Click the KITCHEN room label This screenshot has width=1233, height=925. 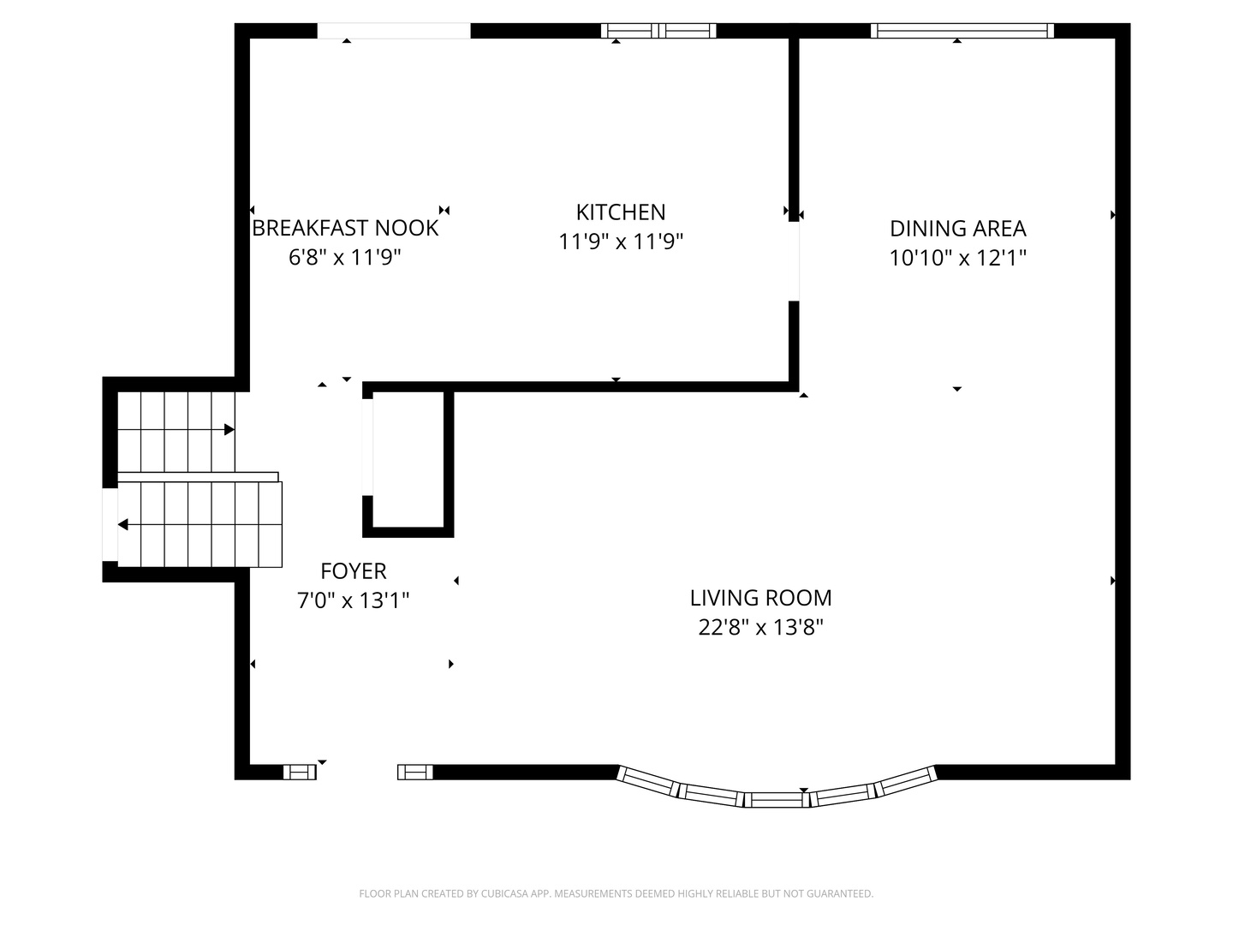pos(620,212)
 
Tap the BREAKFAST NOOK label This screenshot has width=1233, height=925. pos(345,228)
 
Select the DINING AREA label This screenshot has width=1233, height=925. pos(958,229)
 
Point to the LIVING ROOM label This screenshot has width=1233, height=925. pos(760,598)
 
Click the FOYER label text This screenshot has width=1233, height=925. pos(354,571)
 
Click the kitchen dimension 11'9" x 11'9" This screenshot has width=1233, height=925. pos(620,242)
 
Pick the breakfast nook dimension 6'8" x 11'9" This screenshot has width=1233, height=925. pos(344,257)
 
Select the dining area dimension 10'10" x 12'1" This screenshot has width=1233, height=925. pos(958,258)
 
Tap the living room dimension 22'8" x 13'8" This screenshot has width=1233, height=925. pos(760,627)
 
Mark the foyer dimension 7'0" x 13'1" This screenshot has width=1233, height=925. pos(353,600)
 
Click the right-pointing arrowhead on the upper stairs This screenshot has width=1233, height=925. pos(229,430)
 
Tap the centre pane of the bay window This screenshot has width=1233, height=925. pos(777,800)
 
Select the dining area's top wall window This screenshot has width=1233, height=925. pos(962,30)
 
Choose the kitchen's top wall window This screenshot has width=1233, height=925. pos(659,30)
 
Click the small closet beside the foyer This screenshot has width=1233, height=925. pos(408,460)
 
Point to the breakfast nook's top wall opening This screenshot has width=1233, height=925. pos(394,30)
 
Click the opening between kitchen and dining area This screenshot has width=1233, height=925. pos(794,262)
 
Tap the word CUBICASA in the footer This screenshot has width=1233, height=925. pos(501,893)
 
